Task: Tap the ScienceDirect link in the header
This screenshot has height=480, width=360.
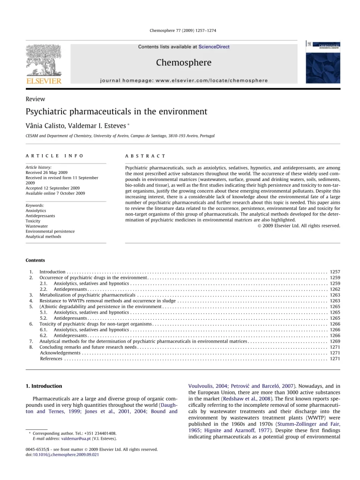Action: tap(214, 47)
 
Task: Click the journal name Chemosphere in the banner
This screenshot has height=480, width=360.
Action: tap(183, 62)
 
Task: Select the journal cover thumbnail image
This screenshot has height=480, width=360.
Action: tap(323, 61)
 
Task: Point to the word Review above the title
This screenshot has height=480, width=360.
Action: tap(36, 99)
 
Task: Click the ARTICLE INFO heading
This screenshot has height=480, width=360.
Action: tap(54, 155)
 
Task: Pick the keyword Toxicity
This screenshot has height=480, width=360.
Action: tap(34, 221)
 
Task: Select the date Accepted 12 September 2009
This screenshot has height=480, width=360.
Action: tap(52, 188)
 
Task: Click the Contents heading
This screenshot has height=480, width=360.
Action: tap(36, 260)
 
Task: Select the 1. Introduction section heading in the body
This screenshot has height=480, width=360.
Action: tap(44, 386)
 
